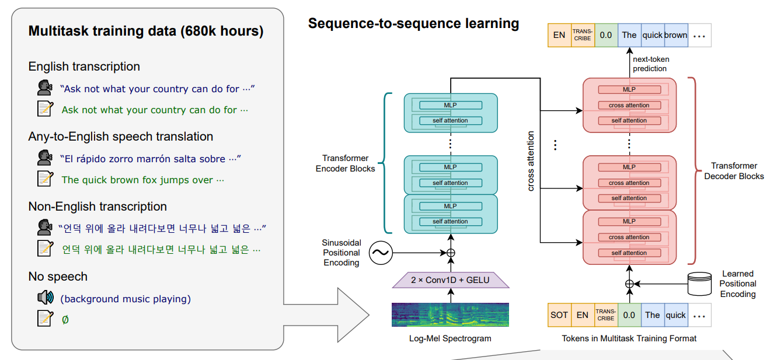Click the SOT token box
click(x=559, y=315)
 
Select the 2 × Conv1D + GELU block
click(x=450, y=280)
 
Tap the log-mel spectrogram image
click(x=450, y=314)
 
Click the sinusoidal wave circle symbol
click(x=381, y=253)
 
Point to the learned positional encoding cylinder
click(x=699, y=284)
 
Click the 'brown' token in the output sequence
click(x=676, y=35)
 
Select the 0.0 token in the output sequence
click(x=606, y=35)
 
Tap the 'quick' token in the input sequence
click(x=676, y=315)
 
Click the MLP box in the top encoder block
click(x=451, y=105)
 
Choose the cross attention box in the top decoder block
click(x=629, y=105)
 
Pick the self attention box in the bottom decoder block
click(x=629, y=253)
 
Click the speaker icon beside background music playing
click(x=46, y=298)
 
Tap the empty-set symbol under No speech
click(x=65, y=320)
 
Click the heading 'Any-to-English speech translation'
click(x=121, y=137)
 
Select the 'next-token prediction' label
click(x=651, y=64)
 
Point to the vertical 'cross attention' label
click(x=531, y=161)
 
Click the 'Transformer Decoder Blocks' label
click(x=734, y=171)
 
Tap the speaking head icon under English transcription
click(x=45, y=88)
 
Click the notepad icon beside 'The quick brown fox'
click(x=46, y=179)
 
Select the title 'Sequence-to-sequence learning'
click(x=413, y=23)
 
